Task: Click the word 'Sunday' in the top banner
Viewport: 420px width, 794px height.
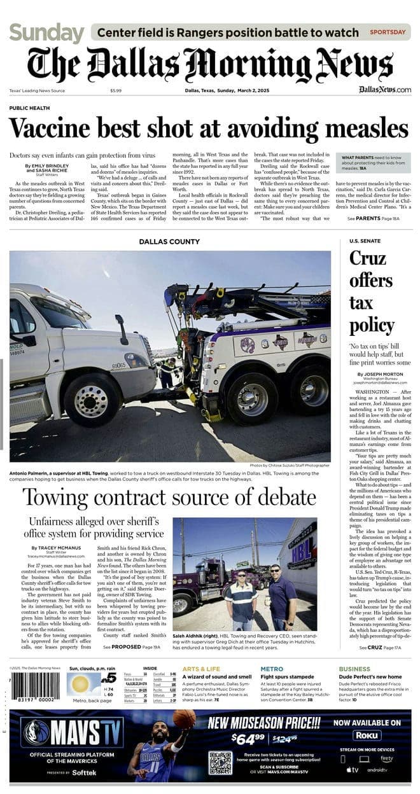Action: pos(46,32)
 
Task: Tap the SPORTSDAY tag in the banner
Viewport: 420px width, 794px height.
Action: pos(388,32)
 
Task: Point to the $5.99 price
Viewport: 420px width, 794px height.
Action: pos(115,91)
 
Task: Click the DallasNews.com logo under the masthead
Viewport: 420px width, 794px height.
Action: pos(384,90)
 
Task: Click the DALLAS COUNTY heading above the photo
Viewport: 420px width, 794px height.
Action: pos(169,242)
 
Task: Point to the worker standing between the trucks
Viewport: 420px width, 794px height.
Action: pos(166,372)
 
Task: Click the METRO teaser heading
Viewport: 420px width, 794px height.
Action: pos(272,669)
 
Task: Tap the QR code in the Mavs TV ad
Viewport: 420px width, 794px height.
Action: pos(220,763)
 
